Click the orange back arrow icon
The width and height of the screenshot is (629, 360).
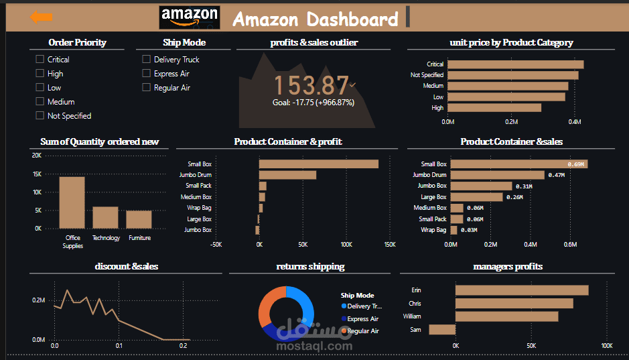(42, 17)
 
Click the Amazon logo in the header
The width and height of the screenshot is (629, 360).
(190, 17)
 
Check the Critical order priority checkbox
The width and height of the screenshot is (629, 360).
(40, 59)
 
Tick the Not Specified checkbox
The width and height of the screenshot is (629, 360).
(40, 115)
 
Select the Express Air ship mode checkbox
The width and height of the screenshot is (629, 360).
(147, 73)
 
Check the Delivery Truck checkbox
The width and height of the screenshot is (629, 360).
(147, 59)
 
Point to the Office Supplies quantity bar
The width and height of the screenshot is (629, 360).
(72, 202)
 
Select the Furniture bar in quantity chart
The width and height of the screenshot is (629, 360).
(139, 219)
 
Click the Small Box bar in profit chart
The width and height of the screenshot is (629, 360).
(318, 164)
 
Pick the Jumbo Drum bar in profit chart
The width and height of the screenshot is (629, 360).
(287, 175)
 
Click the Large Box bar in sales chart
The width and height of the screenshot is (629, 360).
(476, 197)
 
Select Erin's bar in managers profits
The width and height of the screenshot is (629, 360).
(521, 290)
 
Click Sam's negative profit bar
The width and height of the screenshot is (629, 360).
(442, 329)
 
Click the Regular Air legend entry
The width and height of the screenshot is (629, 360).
(362, 331)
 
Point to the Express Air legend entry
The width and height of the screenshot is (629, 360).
(362, 319)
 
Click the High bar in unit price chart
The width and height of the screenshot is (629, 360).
(494, 107)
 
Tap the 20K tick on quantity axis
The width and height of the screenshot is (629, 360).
(36, 156)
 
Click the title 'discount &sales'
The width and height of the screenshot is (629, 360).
(127, 266)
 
